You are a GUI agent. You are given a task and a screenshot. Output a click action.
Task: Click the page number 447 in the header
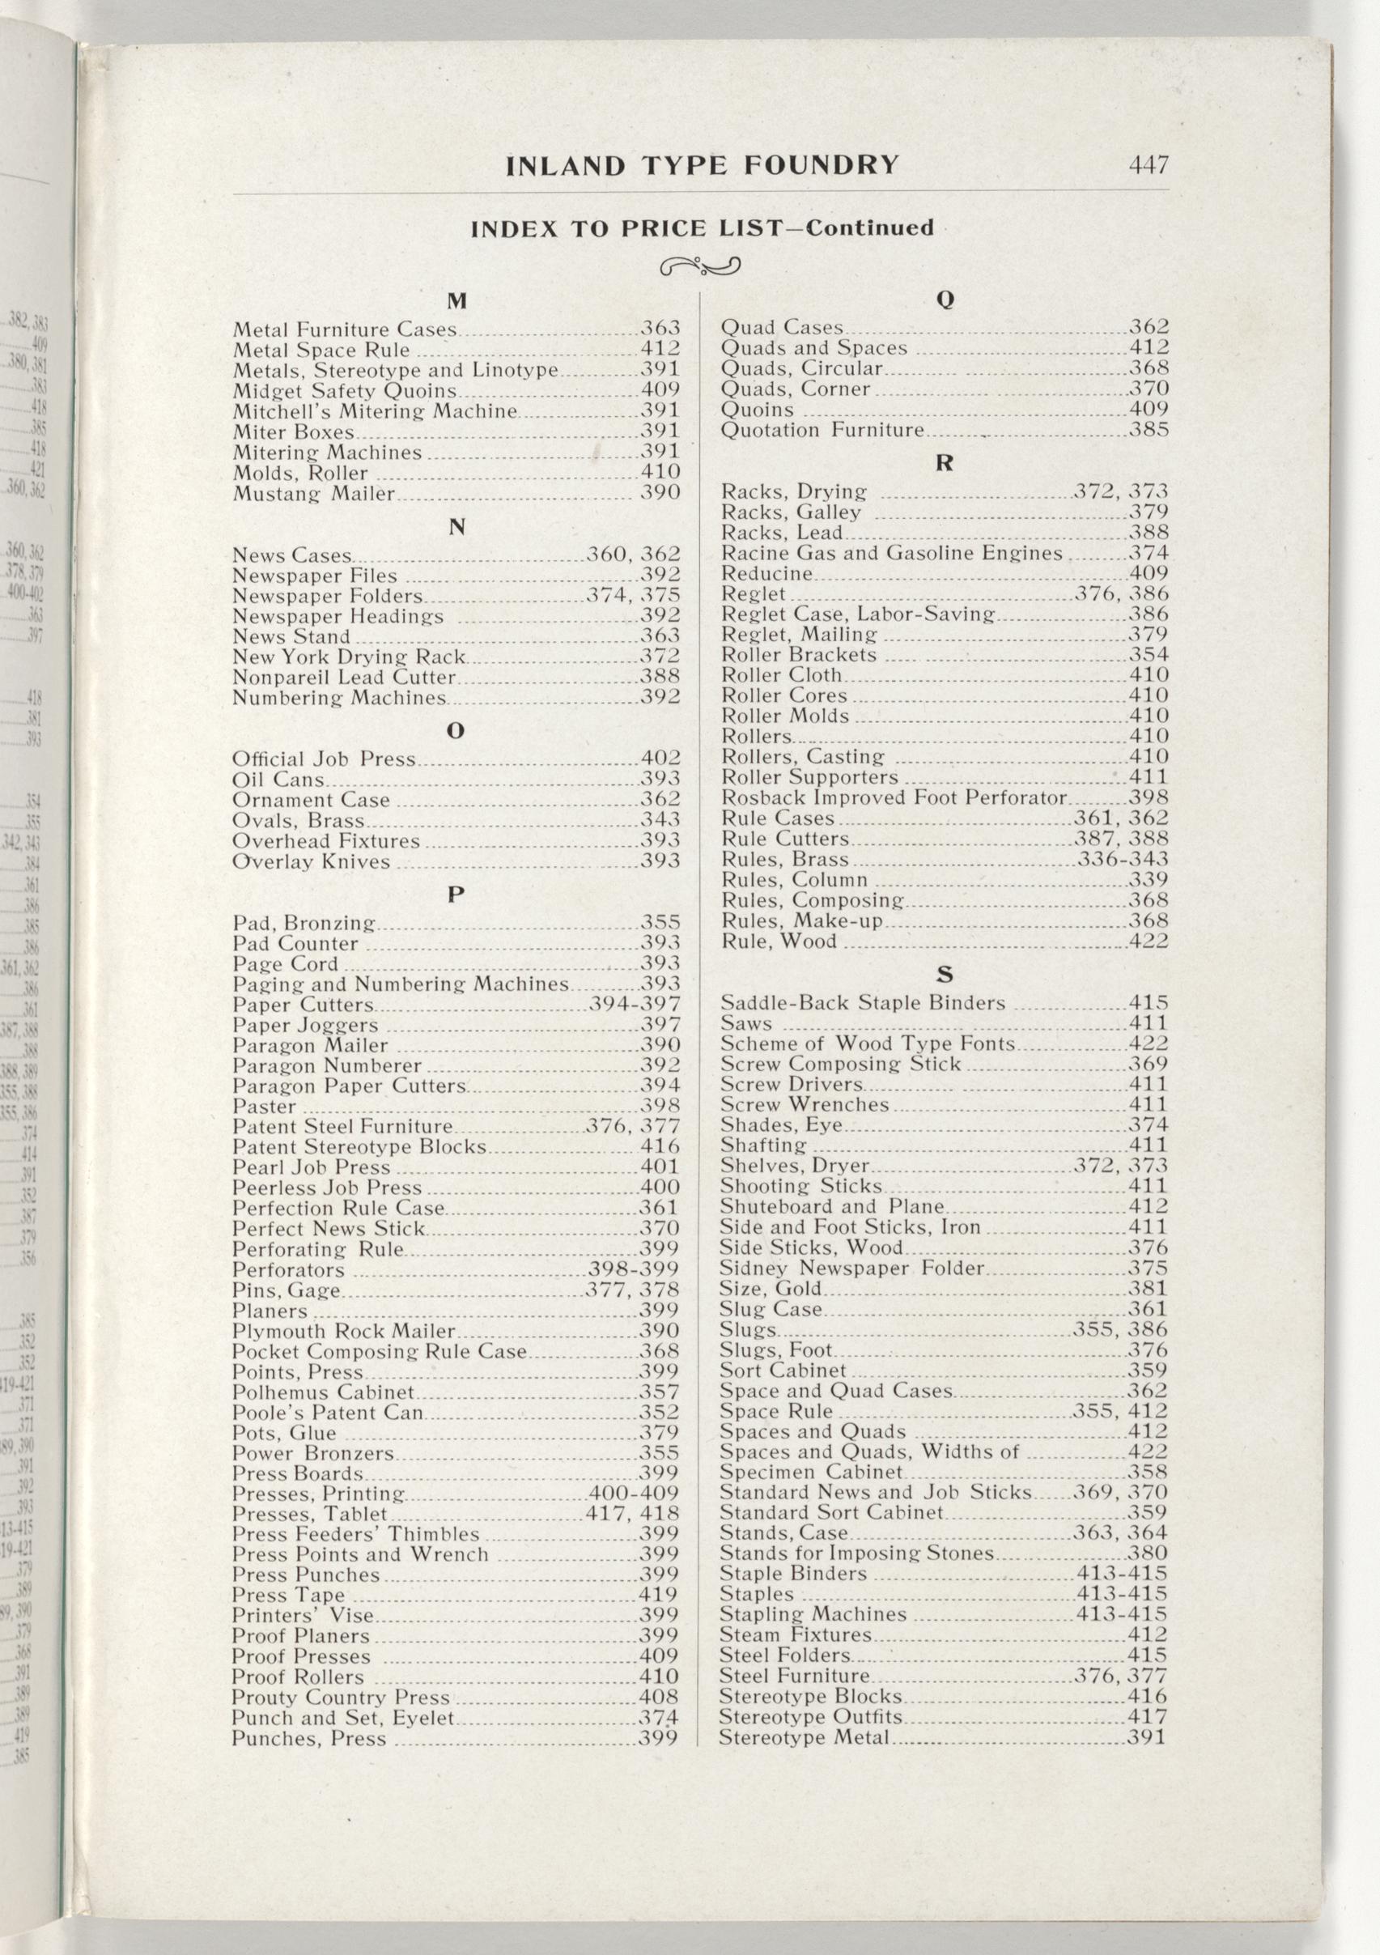pyautogui.click(x=1149, y=164)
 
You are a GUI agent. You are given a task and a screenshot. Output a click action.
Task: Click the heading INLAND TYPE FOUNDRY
pyautogui.click(x=703, y=165)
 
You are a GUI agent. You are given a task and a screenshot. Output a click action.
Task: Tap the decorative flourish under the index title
pyautogui.click(x=700, y=267)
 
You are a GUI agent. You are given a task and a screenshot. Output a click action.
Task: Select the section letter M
pyautogui.click(x=457, y=300)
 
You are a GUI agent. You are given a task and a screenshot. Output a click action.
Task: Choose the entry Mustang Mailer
pyautogui.click(x=314, y=493)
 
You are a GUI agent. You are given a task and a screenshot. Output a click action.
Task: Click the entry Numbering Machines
pyautogui.click(x=340, y=698)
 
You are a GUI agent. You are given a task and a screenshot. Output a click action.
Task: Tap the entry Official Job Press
pyautogui.click(x=325, y=759)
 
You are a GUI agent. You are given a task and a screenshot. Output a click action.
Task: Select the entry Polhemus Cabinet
pyautogui.click(x=324, y=1392)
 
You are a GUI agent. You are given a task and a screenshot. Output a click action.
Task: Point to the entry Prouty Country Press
pyautogui.click(x=341, y=1697)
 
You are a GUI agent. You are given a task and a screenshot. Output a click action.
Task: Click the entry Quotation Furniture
pyautogui.click(x=822, y=430)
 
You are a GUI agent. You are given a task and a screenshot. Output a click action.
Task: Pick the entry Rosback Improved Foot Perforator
pyautogui.click(x=894, y=798)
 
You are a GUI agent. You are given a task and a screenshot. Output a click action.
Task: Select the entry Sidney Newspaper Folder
pyautogui.click(x=852, y=1269)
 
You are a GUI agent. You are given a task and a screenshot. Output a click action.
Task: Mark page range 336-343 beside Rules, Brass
pyautogui.click(x=1123, y=859)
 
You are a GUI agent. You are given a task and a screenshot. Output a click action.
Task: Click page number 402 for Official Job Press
pyautogui.click(x=660, y=759)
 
